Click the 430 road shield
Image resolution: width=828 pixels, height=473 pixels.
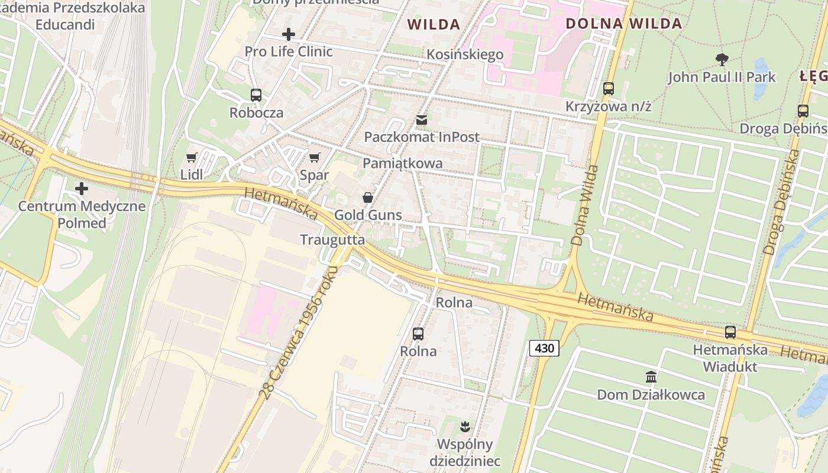tap(544, 348)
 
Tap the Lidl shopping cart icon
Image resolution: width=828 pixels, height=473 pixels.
tap(191, 157)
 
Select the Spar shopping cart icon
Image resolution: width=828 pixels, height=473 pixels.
tap(314, 157)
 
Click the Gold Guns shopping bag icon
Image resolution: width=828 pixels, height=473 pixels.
tap(368, 197)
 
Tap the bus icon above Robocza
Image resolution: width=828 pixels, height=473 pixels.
tap(256, 95)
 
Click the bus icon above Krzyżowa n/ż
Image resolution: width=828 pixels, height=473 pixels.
tap(608, 89)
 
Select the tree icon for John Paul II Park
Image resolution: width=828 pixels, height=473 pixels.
tap(722, 59)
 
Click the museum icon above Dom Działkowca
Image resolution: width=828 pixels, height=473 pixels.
tap(651, 377)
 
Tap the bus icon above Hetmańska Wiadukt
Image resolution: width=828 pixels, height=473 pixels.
tap(730, 332)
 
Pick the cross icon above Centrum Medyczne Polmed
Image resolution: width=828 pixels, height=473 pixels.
tap(82, 189)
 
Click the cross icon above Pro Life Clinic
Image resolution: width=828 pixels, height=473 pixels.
tap(289, 34)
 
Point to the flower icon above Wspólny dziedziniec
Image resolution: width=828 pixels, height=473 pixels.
tap(465, 426)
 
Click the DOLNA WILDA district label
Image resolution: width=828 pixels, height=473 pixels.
tap(624, 24)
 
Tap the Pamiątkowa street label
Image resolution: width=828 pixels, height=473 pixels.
tap(402, 164)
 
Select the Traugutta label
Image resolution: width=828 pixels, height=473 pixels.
tap(332, 240)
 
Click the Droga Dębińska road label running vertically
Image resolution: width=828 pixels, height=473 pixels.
tap(781, 202)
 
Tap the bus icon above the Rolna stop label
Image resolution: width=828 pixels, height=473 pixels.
tap(418, 334)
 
